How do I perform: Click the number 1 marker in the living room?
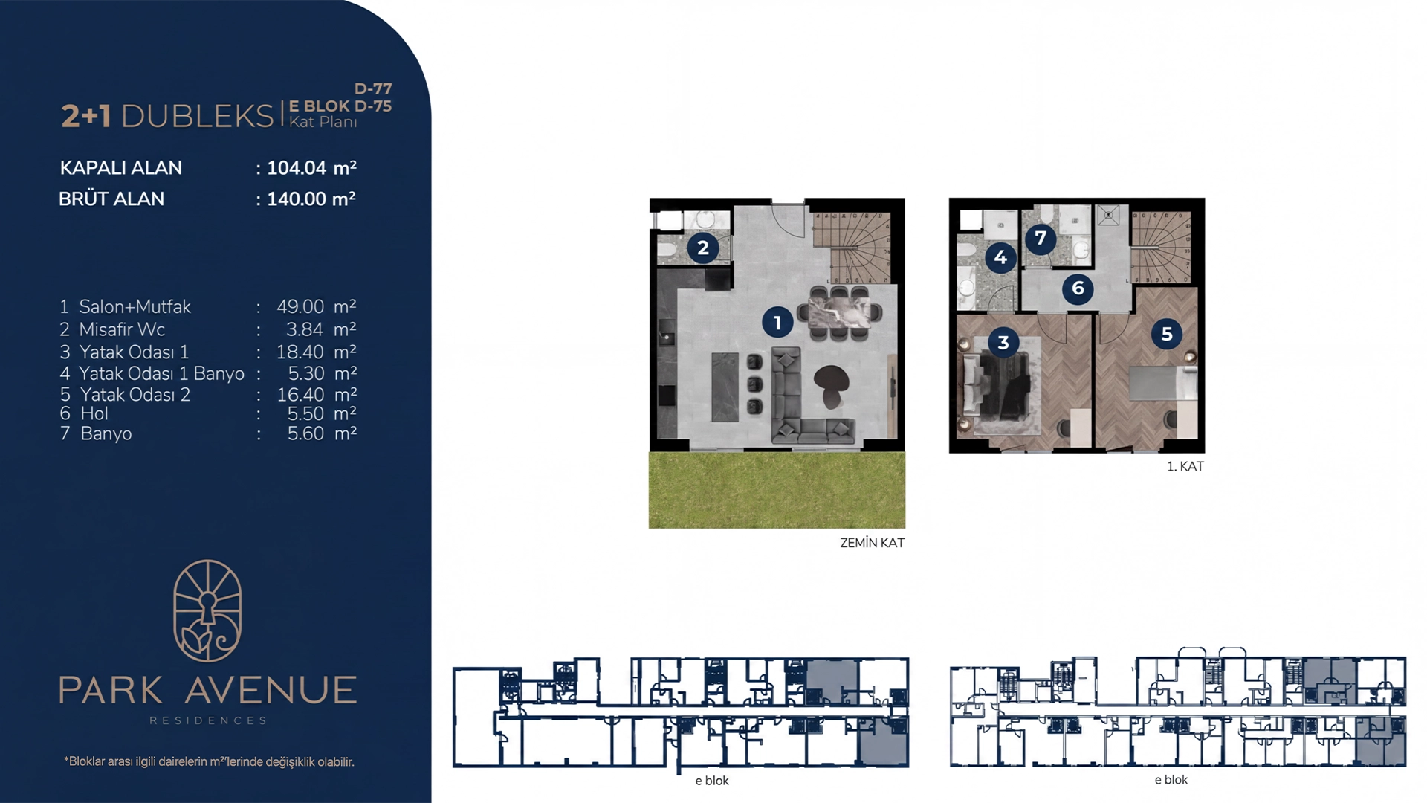(x=777, y=322)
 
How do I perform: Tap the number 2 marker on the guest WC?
(x=703, y=248)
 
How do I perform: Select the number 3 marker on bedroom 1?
(x=1003, y=342)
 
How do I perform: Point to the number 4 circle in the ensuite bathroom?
(x=1000, y=257)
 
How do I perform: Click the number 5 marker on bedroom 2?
(x=1167, y=334)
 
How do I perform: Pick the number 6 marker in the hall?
(x=1078, y=288)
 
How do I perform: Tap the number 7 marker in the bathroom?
(x=1041, y=238)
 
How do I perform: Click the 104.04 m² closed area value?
(x=311, y=167)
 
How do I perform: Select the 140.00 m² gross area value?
(x=311, y=199)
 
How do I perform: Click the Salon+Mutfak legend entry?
(x=135, y=306)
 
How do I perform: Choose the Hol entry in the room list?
(x=94, y=413)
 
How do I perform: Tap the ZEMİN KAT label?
(x=872, y=543)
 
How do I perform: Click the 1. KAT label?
(x=1185, y=466)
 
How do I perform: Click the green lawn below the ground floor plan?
(x=777, y=490)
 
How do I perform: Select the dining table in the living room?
(x=840, y=313)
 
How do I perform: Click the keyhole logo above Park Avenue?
(x=207, y=610)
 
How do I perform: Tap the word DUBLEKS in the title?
(x=198, y=116)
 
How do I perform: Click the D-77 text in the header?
(x=373, y=88)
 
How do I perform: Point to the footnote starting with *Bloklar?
(x=209, y=761)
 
